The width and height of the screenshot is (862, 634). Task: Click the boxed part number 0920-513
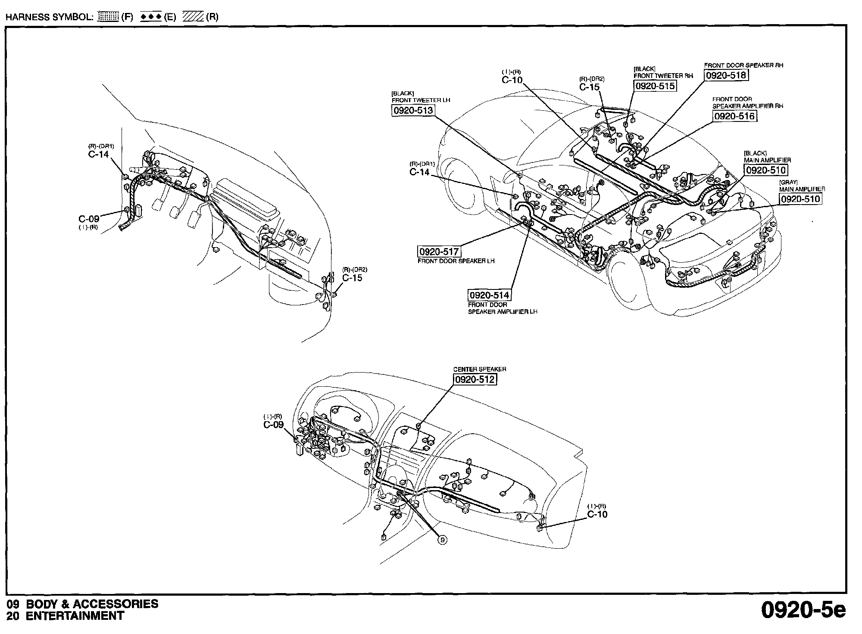tap(412, 111)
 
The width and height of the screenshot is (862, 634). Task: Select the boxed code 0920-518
tap(725, 75)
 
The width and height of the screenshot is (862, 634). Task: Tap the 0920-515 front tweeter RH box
tap(655, 86)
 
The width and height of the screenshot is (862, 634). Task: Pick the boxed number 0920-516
tap(734, 116)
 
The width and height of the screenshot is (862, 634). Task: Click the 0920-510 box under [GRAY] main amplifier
tap(800, 199)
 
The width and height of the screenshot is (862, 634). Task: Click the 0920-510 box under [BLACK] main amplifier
tap(765, 170)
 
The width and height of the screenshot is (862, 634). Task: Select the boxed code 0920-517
tap(439, 252)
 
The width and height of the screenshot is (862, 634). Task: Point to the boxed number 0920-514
tap(489, 295)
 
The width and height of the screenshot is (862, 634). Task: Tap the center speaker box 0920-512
tap(474, 379)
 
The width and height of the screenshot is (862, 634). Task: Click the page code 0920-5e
tap(803, 610)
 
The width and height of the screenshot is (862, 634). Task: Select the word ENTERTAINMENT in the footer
tap(75, 616)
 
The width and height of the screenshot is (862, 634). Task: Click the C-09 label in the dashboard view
tap(274, 425)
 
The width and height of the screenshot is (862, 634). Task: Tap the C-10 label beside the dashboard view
tap(597, 514)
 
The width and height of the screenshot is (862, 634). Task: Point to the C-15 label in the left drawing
tap(352, 278)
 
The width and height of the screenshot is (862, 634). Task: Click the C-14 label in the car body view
tap(419, 172)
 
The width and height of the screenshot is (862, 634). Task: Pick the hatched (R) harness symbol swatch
tap(193, 17)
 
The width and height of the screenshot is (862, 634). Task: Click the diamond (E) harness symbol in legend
tap(151, 17)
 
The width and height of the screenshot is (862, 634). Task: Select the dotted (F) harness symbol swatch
tap(108, 17)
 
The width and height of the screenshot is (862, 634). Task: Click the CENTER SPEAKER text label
tap(479, 369)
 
